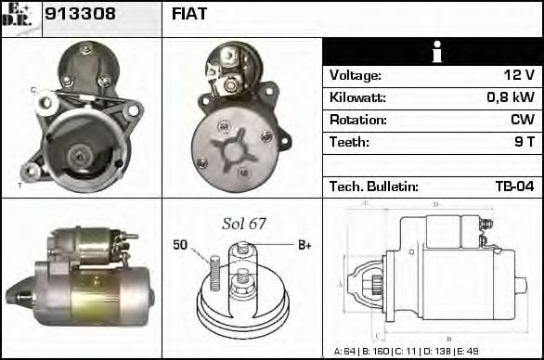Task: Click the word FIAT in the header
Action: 189,14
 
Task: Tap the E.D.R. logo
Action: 20,14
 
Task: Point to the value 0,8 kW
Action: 510,97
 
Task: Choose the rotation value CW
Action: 522,120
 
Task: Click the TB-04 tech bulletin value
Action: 514,186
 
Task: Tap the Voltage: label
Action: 356,75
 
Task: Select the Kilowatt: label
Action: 357,97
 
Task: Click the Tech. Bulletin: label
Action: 374,186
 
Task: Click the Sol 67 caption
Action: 243,224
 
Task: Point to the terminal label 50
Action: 180,245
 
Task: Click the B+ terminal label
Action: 304,245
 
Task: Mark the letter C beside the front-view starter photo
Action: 32,90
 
